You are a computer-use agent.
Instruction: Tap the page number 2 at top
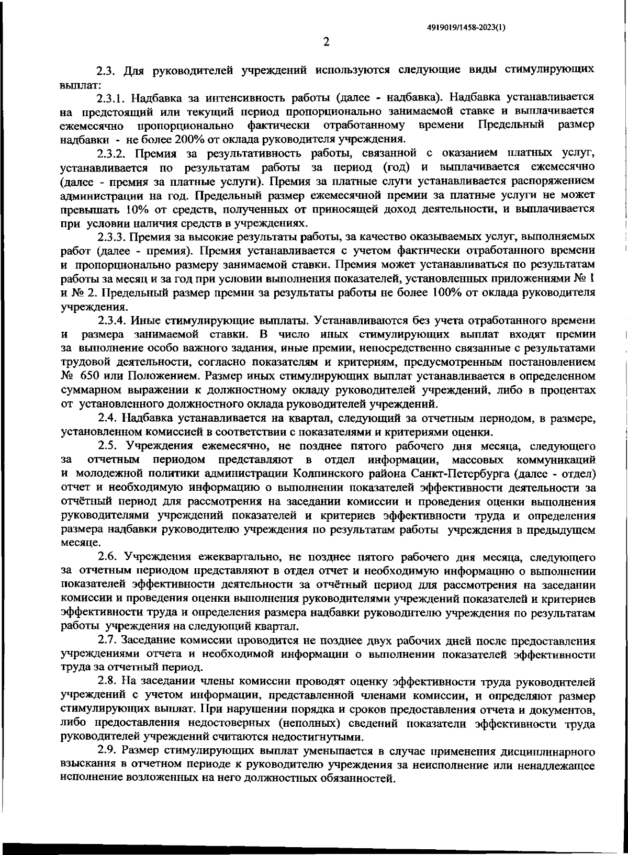(x=326, y=42)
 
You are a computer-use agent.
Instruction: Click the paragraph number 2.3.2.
(x=113, y=153)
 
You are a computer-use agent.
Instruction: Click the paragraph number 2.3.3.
(x=113, y=237)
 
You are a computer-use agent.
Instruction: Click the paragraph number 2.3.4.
(x=113, y=320)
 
